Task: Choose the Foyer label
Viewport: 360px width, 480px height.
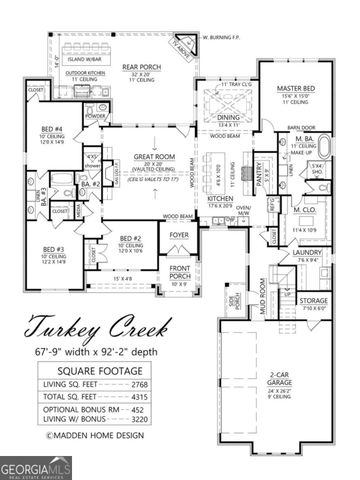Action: coord(178,235)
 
